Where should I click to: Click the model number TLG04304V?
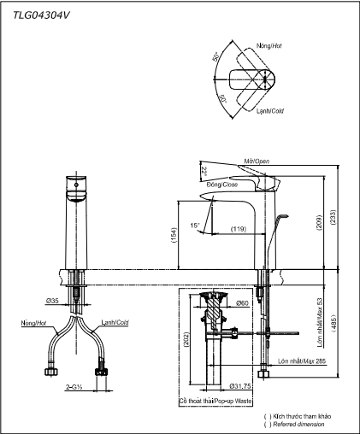41,15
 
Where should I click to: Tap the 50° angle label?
215,56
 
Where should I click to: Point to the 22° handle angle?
204,172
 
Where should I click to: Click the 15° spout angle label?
195,226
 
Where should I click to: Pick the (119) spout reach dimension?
239,229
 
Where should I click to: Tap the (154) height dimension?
174,235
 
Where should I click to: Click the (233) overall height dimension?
333,218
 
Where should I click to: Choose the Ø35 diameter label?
52,301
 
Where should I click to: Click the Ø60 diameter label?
242,303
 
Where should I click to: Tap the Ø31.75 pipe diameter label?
240,386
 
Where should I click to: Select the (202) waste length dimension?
186,340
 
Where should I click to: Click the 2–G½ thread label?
74,387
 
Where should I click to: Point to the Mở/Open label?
257,161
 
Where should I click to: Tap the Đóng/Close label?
222,185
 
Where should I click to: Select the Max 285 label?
314,361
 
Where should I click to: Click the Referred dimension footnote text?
298,425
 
